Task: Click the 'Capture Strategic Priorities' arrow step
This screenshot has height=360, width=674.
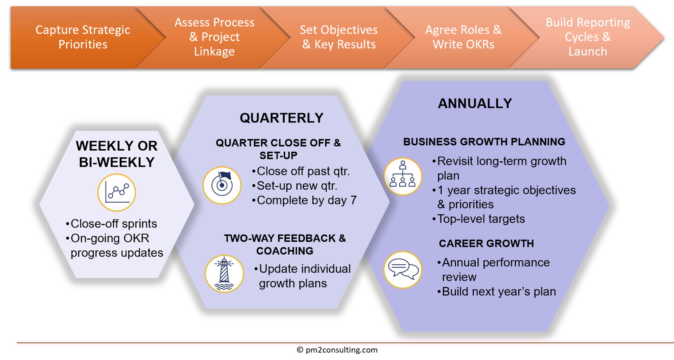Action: coord(83,37)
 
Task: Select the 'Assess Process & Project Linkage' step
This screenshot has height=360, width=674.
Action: coord(214,37)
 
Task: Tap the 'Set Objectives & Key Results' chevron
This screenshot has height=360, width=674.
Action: coord(339,37)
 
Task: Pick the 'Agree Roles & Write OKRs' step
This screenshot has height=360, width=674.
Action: coord(463,37)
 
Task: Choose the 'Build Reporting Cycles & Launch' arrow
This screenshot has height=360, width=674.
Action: coord(588,37)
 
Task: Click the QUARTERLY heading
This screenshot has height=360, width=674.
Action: coord(282,118)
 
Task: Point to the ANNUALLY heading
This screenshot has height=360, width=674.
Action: coord(475,104)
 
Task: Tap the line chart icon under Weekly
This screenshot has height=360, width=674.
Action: coord(117,192)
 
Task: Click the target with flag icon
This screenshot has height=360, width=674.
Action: coord(222,185)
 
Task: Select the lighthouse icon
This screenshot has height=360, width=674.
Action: coord(224,274)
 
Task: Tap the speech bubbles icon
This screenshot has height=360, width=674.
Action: coord(403,270)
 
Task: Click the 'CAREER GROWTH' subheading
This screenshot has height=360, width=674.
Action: coord(486,243)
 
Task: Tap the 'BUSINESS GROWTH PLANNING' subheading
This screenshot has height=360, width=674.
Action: coord(484,142)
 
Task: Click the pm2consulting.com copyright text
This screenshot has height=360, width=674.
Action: coord(337,350)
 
